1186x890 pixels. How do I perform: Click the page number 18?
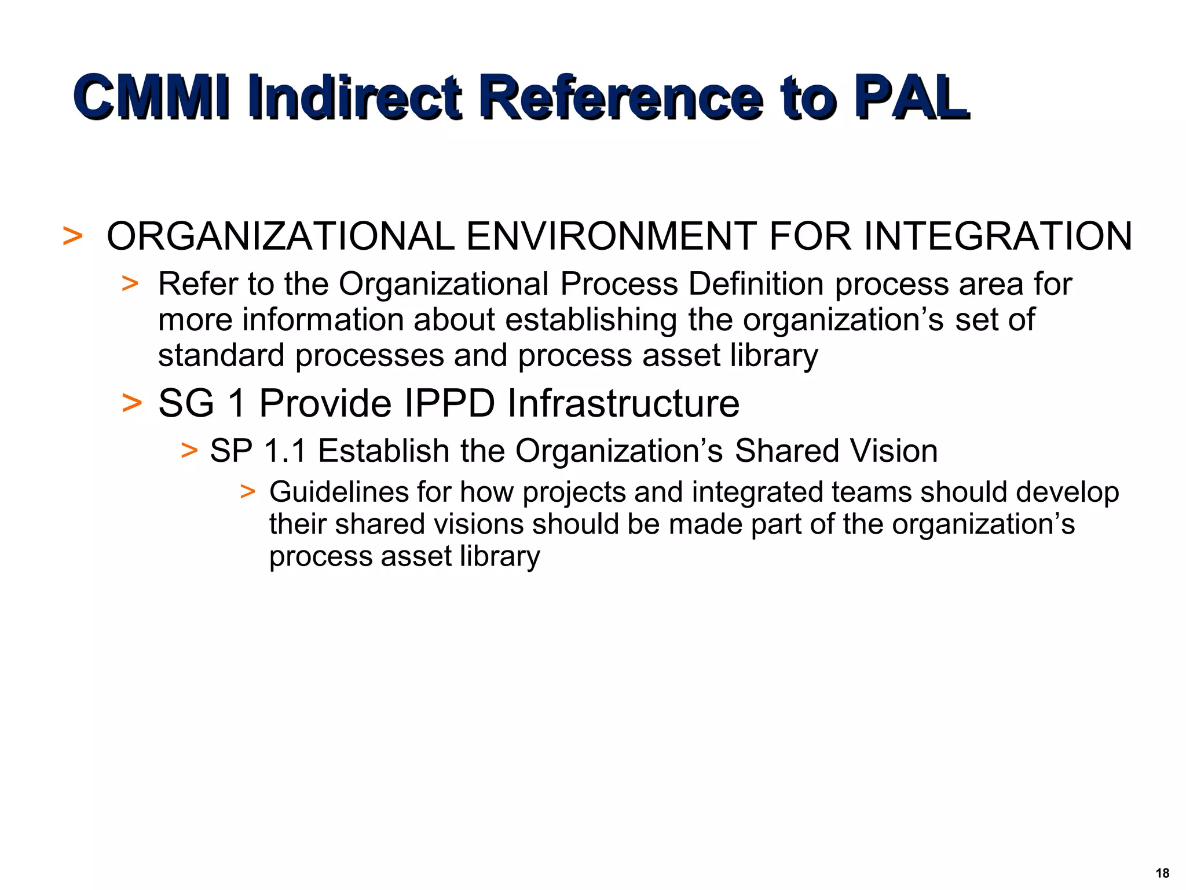(1162, 873)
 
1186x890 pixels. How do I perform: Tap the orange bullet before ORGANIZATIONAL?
(72, 236)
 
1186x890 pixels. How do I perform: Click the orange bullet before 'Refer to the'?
(130, 284)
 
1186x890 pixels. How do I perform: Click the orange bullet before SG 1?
(132, 403)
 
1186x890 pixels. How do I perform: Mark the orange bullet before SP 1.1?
(189, 450)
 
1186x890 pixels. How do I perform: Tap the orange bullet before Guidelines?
(248, 492)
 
